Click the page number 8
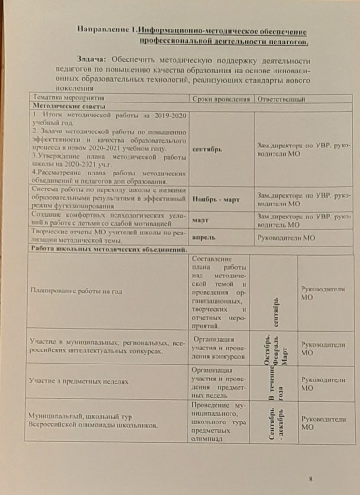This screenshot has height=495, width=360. [x=310, y=479]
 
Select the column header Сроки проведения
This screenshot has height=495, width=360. [x=221, y=99]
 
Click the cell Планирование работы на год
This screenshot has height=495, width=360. [x=76, y=291]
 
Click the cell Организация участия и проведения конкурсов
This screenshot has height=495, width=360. [x=219, y=348]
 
